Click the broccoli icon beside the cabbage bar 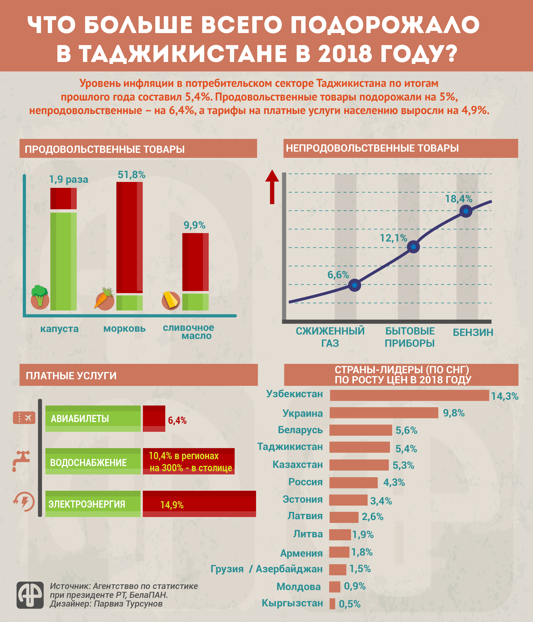pyautogui.click(x=40, y=297)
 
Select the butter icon pyautogui.click(x=171, y=300)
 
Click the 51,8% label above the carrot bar pyautogui.click(x=131, y=175)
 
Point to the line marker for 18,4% pyautogui.click(x=466, y=211)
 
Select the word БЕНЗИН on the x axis pyautogui.click(x=473, y=333)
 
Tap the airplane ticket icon pyautogui.click(x=24, y=418)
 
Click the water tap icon pyautogui.click(x=21, y=460)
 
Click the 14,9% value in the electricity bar pyautogui.click(x=172, y=505)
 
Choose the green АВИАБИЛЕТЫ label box pyautogui.click(x=93, y=419)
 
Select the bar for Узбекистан pyautogui.click(x=409, y=395)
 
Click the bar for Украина pyautogui.click(x=384, y=413)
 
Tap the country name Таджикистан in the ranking pyautogui.click(x=290, y=447)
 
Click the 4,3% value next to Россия pyautogui.click(x=394, y=482)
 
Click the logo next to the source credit pyautogui.click(x=30, y=595)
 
